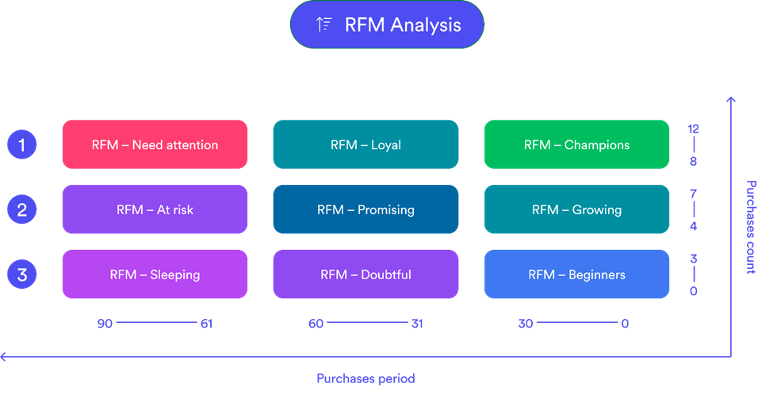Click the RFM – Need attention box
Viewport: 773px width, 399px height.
155,145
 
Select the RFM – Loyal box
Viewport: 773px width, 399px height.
365,145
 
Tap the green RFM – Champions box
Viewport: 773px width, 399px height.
576,145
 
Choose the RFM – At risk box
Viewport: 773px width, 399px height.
155,210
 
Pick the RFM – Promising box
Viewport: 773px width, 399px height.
365,210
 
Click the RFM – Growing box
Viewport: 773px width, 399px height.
576,210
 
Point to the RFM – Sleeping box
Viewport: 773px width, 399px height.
155,274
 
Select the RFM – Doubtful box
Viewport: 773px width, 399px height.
365,274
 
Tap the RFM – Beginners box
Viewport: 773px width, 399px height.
576,274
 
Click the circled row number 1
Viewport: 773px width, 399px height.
22,145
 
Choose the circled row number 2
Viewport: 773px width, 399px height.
22,210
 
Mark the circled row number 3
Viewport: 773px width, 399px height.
22,274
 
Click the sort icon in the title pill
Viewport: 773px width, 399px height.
323,25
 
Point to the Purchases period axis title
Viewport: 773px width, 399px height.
365,378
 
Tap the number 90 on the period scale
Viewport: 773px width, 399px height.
105,324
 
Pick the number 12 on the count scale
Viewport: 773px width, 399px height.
694,129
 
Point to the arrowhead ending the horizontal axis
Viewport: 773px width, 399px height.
4,358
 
